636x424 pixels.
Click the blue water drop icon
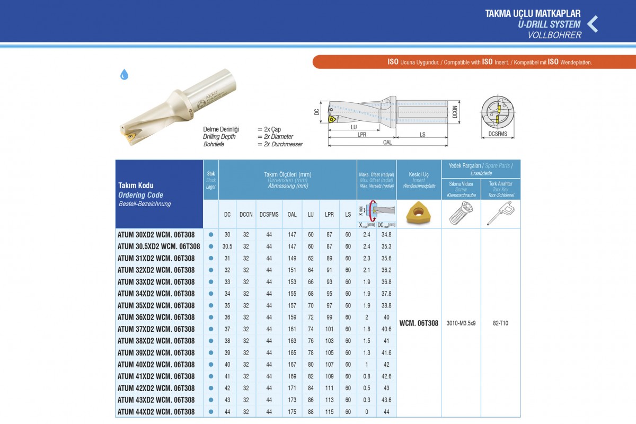click(124, 75)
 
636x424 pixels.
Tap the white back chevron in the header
click(593, 24)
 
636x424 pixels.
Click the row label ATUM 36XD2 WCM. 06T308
click(156, 317)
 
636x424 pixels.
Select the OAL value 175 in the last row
click(292, 411)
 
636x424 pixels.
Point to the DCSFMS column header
click(269, 215)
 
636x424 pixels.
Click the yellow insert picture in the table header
click(419, 213)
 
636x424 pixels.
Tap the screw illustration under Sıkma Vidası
click(461, 213)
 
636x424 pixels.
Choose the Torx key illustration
click(500, 213)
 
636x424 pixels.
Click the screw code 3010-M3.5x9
click(461, 323)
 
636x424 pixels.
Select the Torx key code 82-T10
click(500, 323)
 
